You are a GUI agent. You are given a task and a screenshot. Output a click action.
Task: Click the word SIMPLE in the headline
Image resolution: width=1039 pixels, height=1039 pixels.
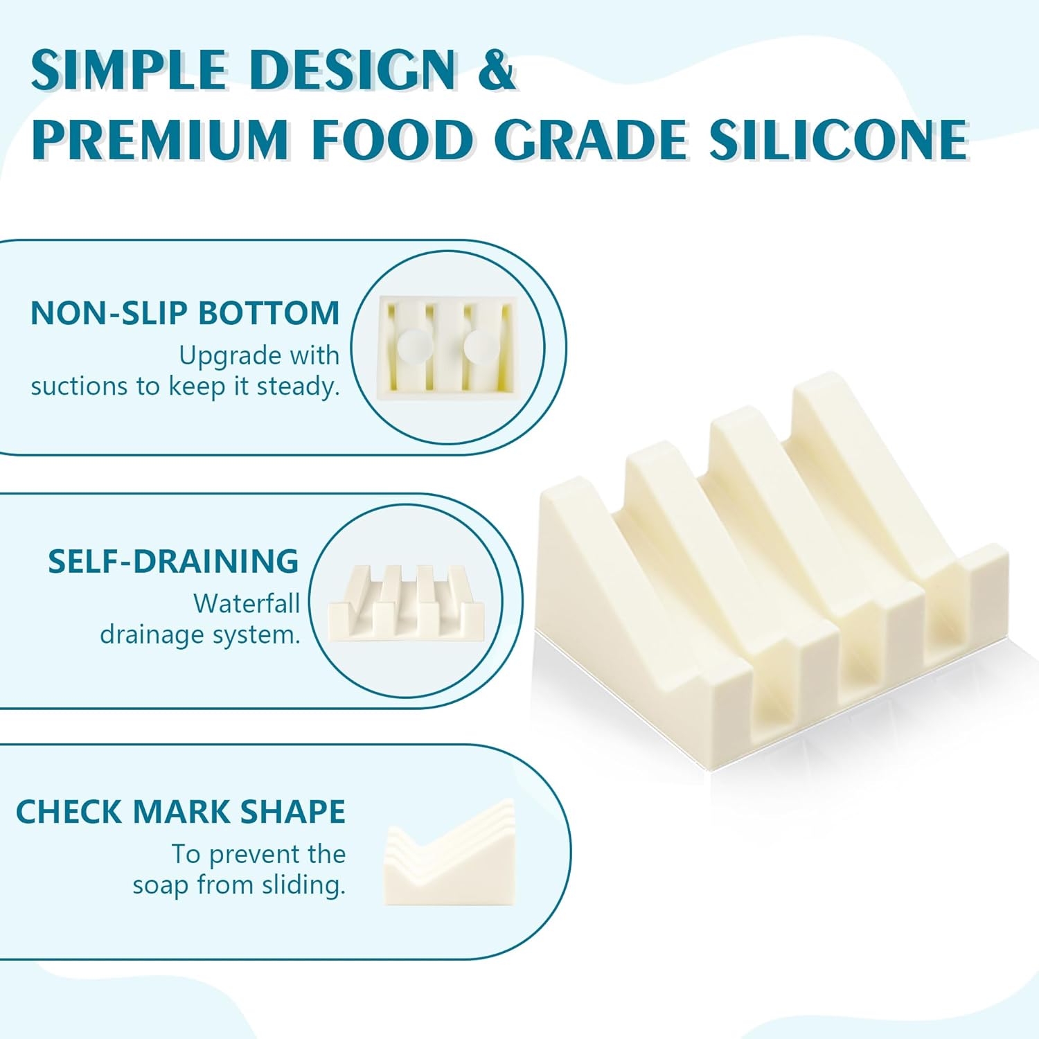click(130, 70)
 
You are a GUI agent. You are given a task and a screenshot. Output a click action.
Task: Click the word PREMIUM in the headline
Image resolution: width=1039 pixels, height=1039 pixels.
click(159, 140)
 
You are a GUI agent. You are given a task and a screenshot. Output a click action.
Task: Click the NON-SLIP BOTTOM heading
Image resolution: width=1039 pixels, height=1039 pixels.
click(185, 313)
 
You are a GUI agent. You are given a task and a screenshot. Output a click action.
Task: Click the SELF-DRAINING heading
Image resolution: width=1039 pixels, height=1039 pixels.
click(173, 561)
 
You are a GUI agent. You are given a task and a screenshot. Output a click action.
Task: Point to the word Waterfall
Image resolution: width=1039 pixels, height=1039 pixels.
click(247, 603)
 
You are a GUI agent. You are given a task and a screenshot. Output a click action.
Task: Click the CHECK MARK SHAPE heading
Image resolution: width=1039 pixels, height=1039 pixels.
click(180, 812)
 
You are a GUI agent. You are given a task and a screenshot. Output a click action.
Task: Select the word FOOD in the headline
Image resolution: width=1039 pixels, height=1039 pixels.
click(391, 140)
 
